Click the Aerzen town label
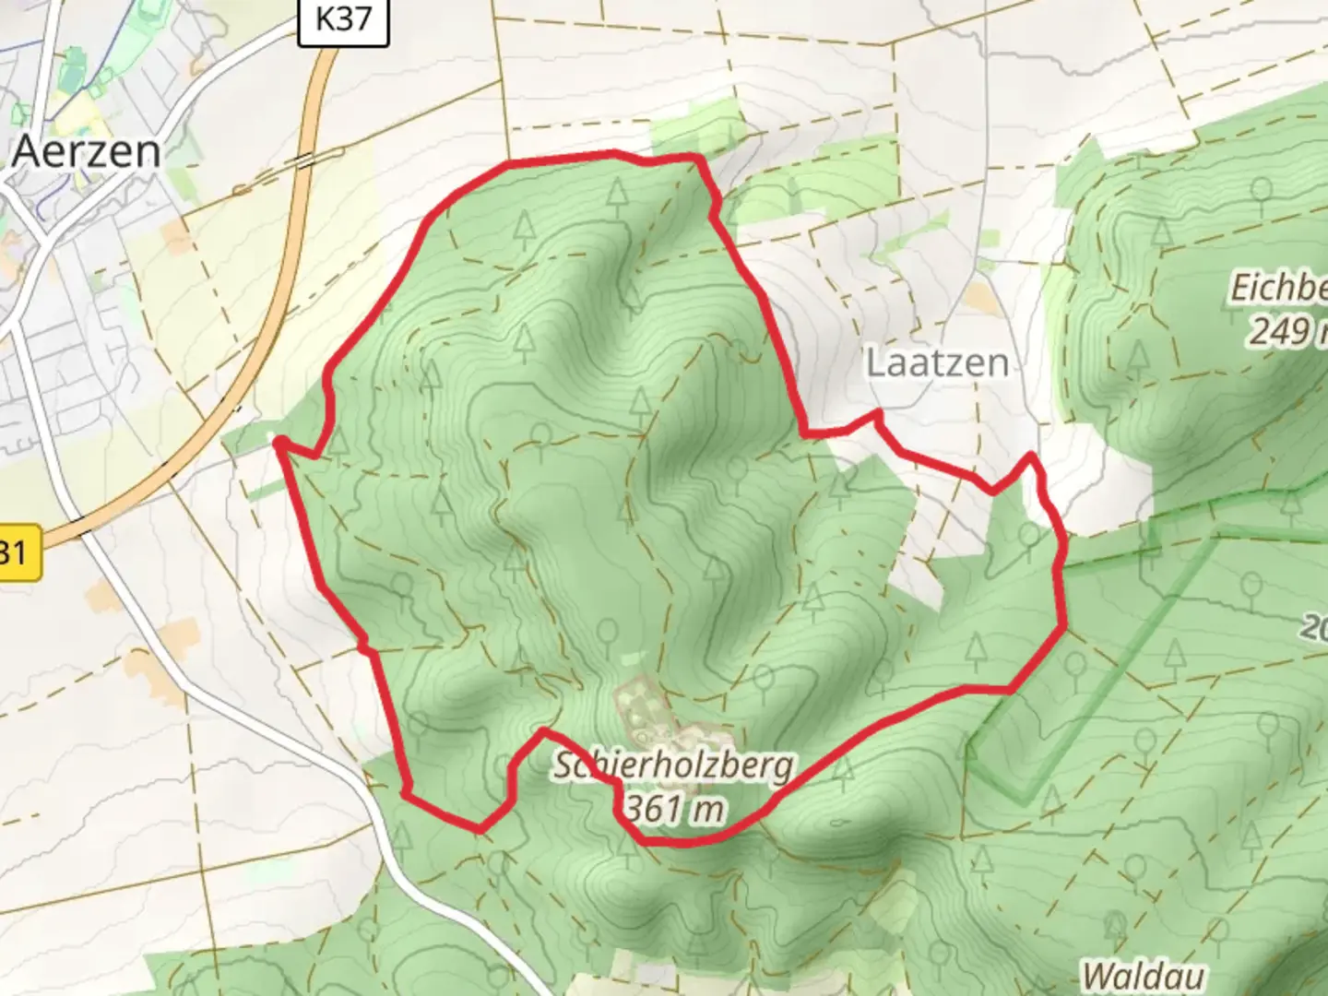pyautogui.click(x=87, y=151)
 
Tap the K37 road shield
pyautogui.click(x=343, y=19)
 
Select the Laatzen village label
pyautogui.click(x=937, y=362)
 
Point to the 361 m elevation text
pyautogui.click(x=673, y=809)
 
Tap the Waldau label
pyautogui.click(x=1143, y=975)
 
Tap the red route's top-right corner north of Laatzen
pyautogui.click(x=701, y=160)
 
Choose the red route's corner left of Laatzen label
pyautogui.click(x=808, y=431)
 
